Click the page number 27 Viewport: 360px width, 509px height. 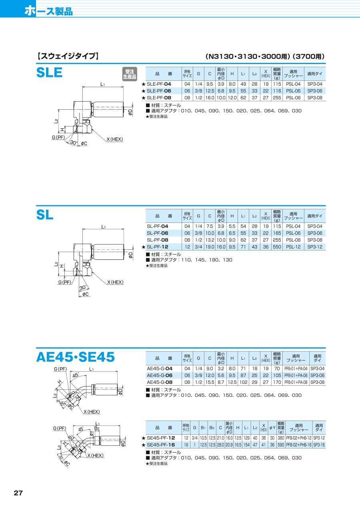point(18,499)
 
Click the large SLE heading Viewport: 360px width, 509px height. point(49,72)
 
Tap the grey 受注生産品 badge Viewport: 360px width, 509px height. point(130,74)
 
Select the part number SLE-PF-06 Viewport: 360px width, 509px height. point(159,91)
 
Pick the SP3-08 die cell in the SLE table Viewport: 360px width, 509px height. point(315,98)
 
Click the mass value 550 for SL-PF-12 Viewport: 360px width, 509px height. point(277,247)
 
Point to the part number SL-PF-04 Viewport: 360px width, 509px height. point(158,226)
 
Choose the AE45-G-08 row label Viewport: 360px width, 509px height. point(160,382)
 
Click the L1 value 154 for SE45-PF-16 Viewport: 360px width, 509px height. point(246,445)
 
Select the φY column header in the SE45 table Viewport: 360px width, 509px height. point(272,428)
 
